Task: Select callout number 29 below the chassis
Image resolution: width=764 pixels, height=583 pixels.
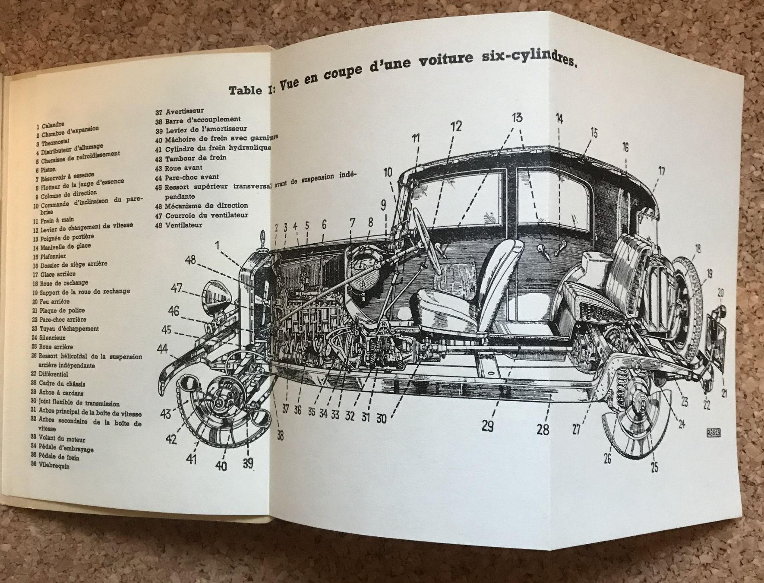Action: click(487, 426)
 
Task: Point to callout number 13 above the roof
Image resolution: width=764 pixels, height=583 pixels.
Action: click(517, 117)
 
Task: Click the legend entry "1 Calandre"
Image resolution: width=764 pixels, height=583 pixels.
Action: click(50, 126)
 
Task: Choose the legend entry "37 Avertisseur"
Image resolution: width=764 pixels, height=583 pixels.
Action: click(180, 111)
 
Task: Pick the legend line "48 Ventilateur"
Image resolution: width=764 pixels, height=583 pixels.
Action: click(179, 225)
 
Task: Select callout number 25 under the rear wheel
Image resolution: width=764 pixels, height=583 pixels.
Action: click(654, 467)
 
